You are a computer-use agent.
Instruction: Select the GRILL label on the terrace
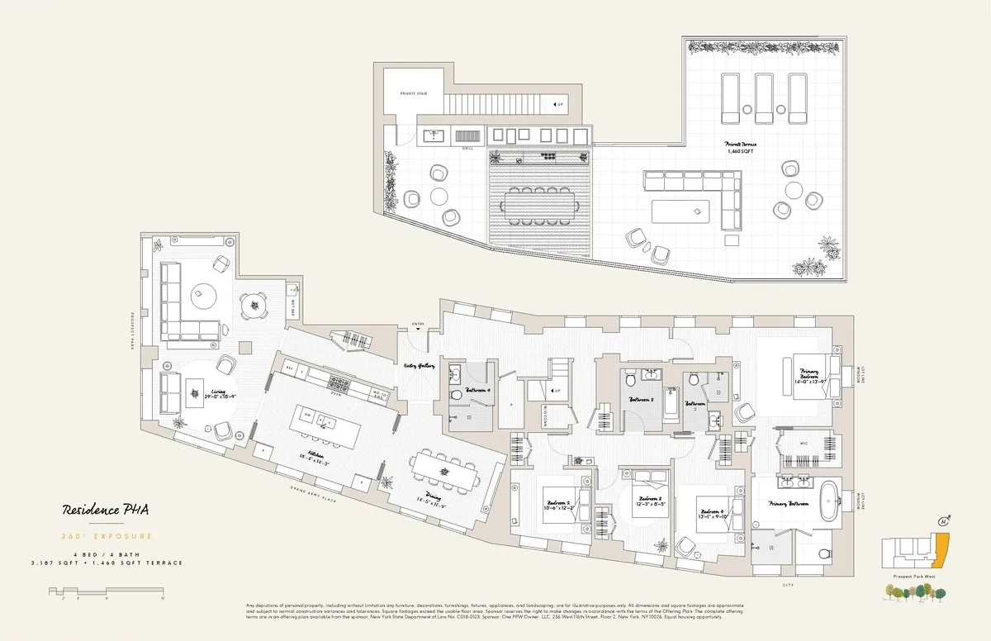(467, 149)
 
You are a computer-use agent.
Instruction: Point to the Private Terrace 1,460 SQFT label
(741, 146)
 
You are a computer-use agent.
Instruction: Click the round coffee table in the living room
(203, 294)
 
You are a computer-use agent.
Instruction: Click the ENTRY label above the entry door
(417, 323)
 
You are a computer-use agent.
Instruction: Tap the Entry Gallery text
(419, 365)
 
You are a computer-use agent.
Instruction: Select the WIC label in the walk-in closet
(803, 444)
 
